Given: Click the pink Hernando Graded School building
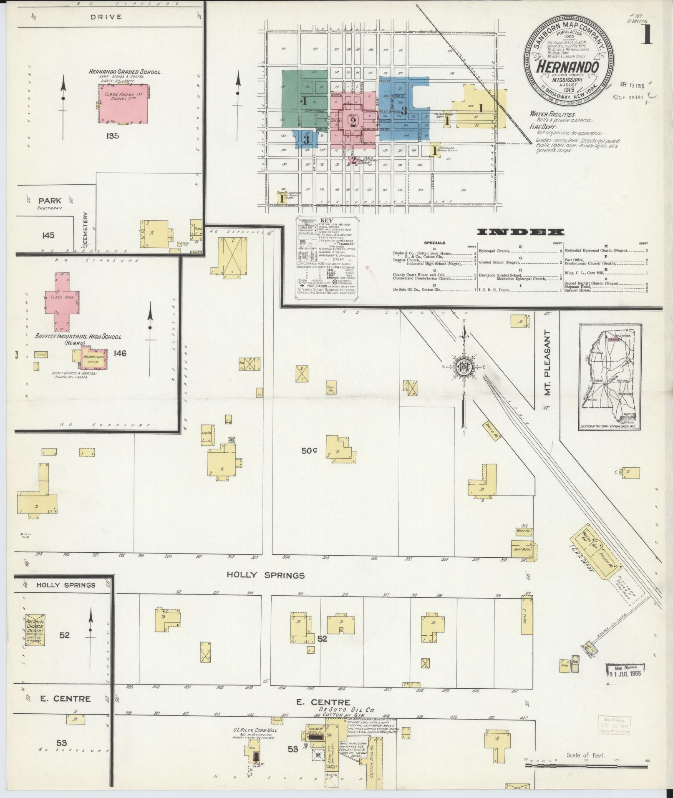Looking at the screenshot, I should coord(123,103).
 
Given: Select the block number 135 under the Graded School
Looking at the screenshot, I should coord(112,136).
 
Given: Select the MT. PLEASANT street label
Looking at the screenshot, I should coord(548,363).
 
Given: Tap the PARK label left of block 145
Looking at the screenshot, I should coord(50,201).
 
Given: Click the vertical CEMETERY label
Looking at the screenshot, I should coord(86,228).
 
